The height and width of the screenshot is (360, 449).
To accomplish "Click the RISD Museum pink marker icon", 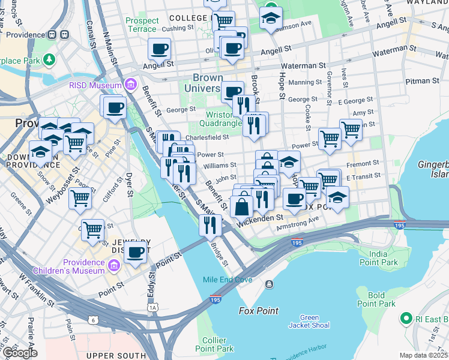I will tap(130, 86).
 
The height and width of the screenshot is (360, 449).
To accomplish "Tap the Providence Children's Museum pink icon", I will tap(113, 264).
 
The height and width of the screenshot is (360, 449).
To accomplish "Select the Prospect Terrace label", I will tap(142, 25).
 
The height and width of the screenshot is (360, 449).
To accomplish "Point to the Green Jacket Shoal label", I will tap(309, 322).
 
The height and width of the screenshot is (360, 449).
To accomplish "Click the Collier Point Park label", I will tap(214, 344).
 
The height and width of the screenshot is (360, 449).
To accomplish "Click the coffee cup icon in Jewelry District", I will tap(136, 252).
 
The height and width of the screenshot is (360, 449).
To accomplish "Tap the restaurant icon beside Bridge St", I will tap(210, 225).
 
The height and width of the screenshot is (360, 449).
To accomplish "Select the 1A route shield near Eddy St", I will tap(154, 308).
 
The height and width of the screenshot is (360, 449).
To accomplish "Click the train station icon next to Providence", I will tap(52, 34).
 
